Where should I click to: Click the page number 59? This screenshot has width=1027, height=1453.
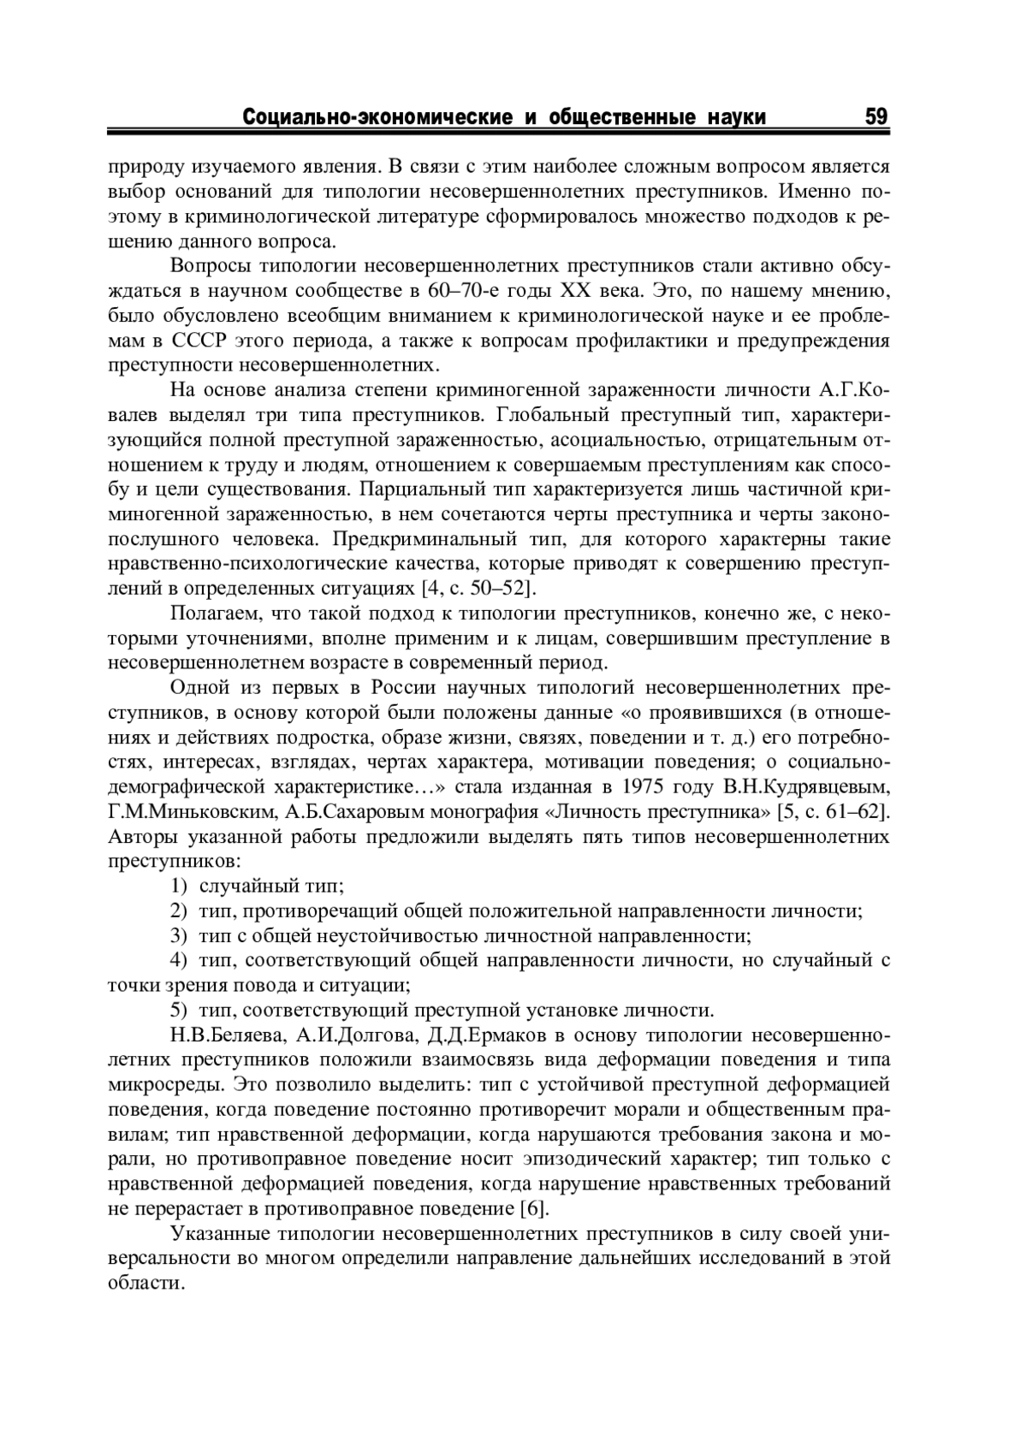click(876, 116)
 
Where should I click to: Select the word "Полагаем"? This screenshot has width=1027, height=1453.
click(209, 614)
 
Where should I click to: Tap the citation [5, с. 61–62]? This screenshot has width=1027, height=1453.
click(830, 811)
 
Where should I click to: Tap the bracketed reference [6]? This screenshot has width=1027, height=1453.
click(532, 1209)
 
